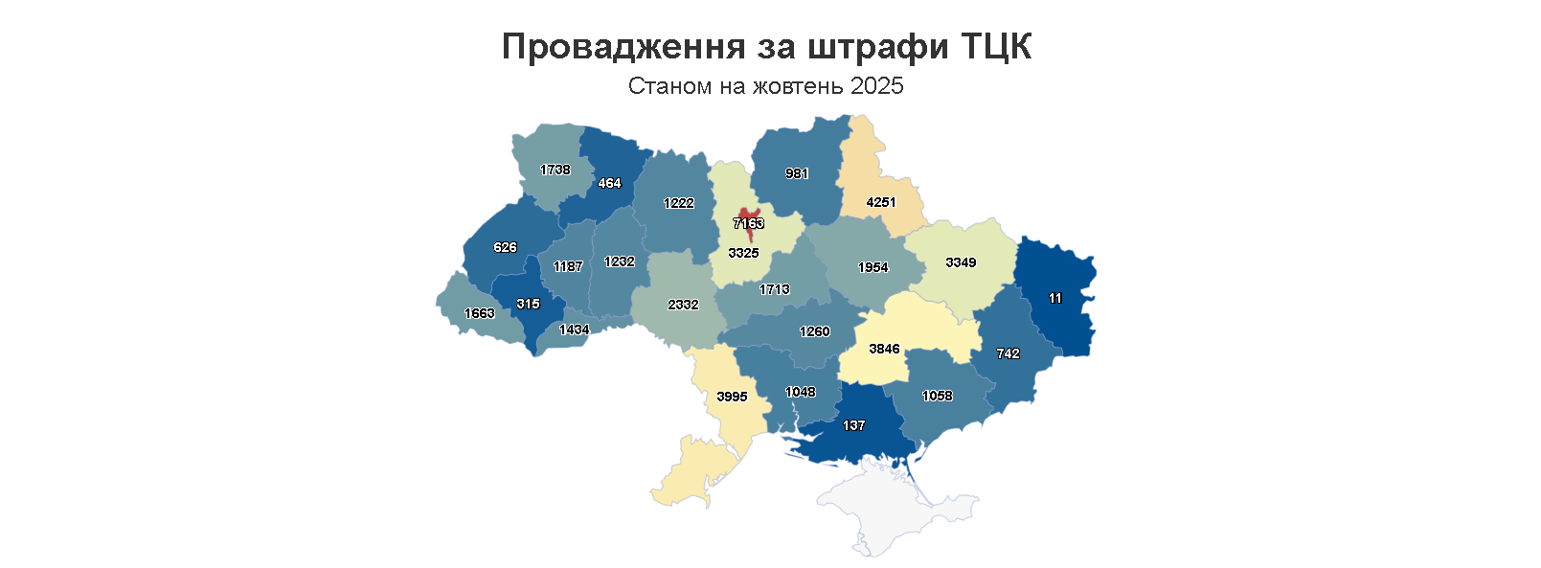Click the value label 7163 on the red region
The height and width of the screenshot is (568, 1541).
748,223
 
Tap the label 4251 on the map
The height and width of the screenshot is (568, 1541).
880,202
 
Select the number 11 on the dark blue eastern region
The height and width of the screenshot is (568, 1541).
1054,298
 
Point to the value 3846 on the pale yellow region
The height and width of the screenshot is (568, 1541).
883,349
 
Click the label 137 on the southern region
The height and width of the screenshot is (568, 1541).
853,425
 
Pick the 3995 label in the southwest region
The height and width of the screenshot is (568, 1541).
732,397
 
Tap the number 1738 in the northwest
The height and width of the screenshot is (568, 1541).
555,170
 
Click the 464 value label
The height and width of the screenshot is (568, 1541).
609,183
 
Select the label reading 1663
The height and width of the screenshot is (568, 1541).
479,313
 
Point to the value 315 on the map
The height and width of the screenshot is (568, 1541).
528,304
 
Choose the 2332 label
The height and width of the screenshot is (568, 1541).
683,305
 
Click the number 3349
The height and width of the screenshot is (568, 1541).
961,262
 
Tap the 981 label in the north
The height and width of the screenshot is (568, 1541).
796,173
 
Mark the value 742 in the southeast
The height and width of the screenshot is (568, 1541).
1008,353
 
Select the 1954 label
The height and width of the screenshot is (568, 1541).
872,267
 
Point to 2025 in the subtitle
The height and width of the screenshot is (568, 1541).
876,86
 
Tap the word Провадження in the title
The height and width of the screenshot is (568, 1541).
623,46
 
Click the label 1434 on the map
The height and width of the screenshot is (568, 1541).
574,329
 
